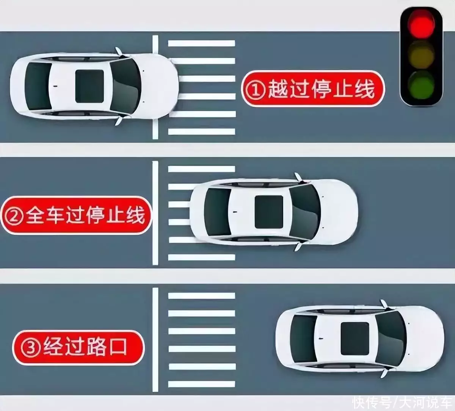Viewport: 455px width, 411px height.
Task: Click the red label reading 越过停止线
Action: pyautogui.click(x=313, y=89)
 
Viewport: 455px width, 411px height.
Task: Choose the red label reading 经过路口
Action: pyautogui.click(x=78, y=347)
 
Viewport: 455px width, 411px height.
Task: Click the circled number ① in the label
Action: pyautogui.click(x=254, y=89)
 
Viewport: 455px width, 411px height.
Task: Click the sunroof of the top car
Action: pyautogui.click(x=89, y=86)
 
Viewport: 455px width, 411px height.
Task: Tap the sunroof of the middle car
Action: pyautogui.click(x=268, y=212)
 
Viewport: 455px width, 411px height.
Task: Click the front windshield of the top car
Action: pyautogui.click(x=125, y=86)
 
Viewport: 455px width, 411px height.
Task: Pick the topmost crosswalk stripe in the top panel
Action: pyautogui.click(x=201, y=43)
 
